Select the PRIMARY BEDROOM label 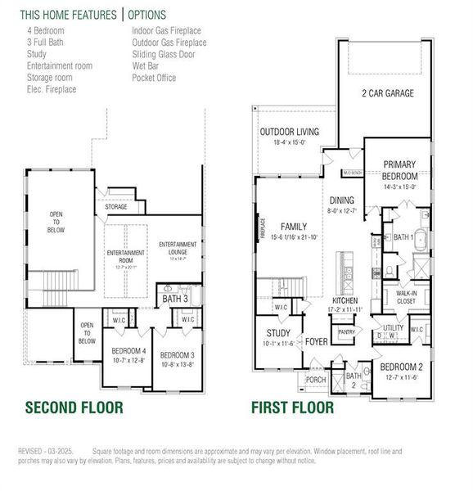pyautogui.click(x=400, y=170)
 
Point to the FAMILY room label pyautogui.click(x=293, y=227)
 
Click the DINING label pyautogui.click(x=342, y=200)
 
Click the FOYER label pyautogui.click(x=317, y=341)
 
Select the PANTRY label pyautogui.click(x=346, y=332)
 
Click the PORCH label pyautogui.click(x=315, y=379)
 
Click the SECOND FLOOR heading pyautogui.click(x=74, y=407)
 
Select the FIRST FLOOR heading pyautogui.click(x=292, y=407)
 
